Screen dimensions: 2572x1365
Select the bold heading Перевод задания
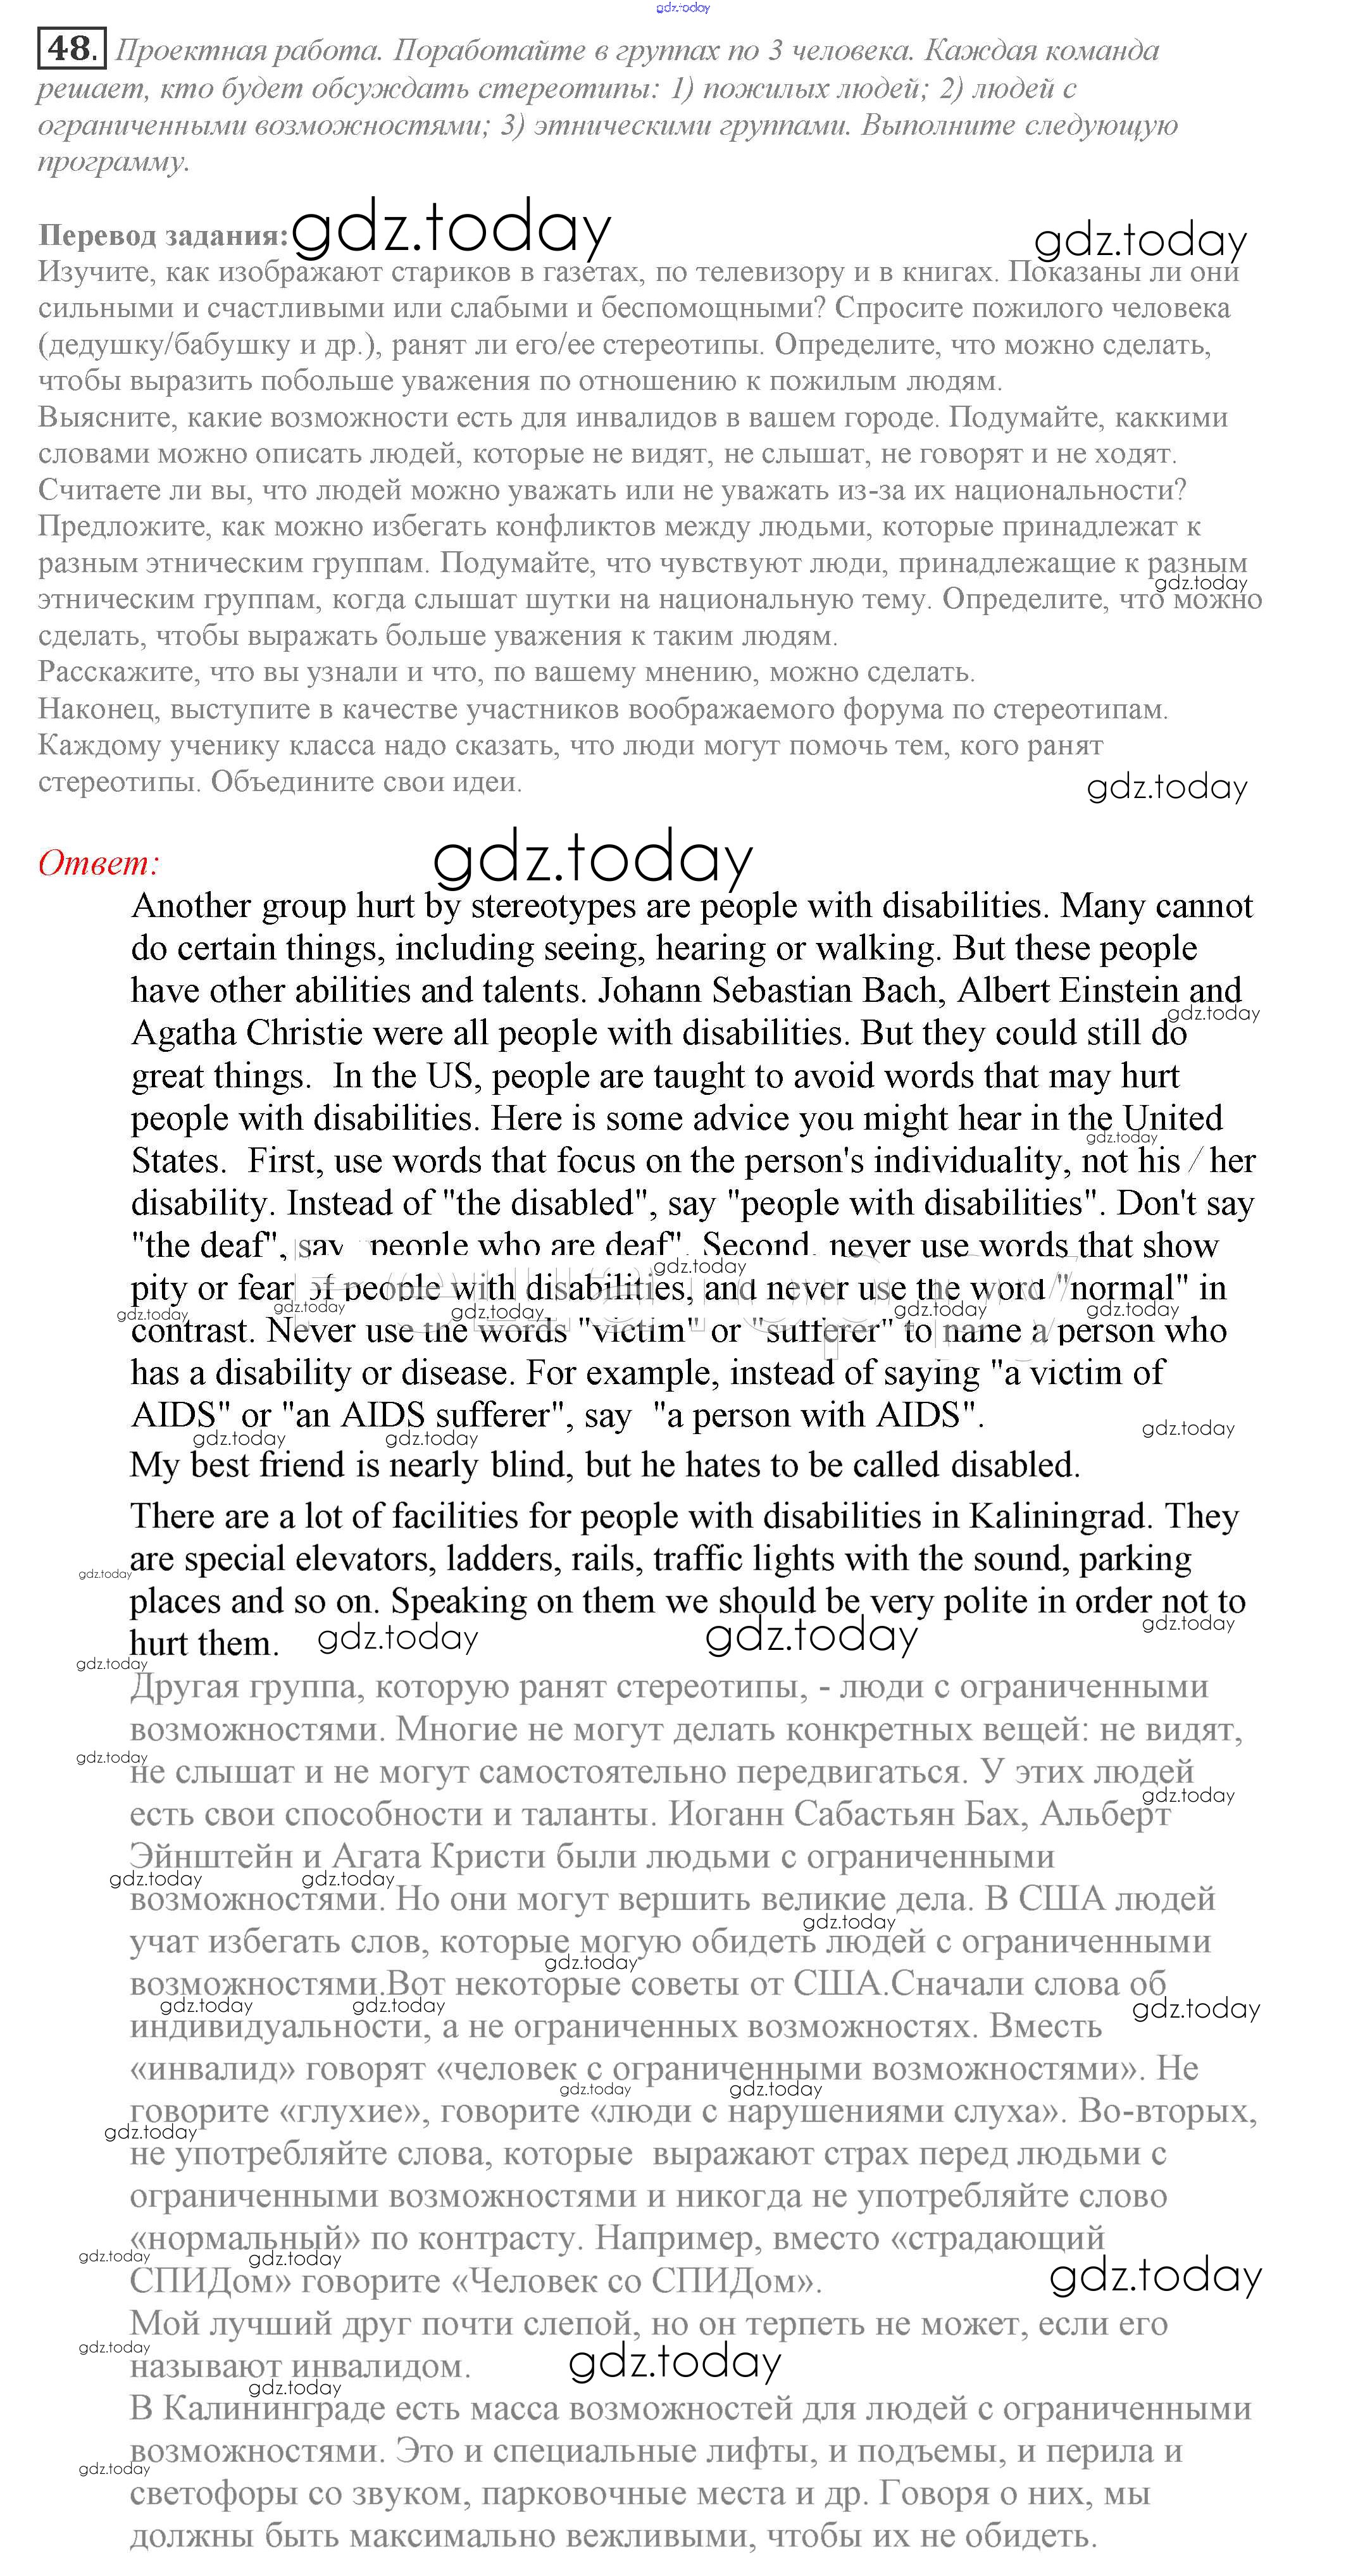tap(163, 237)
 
